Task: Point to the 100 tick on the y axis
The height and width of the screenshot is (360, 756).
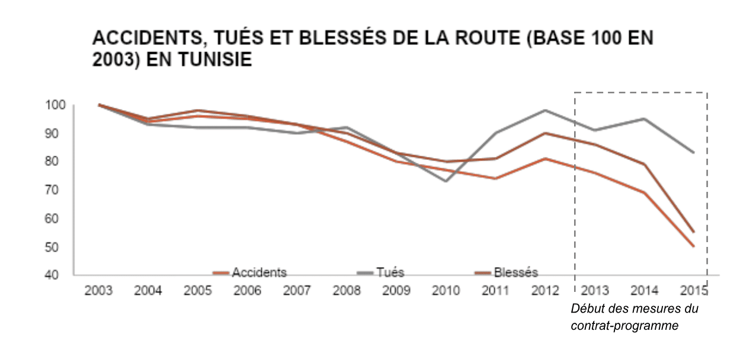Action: click(53, 105)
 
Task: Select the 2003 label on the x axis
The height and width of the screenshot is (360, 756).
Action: click(99, 290)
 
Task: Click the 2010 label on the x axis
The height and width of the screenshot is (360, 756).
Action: click(446, 290)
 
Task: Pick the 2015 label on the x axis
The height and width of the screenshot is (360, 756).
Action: click(694, 290)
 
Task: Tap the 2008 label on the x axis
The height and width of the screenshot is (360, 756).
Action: click(347, 290)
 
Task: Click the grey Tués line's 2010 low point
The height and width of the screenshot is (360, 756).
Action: click(446, 181)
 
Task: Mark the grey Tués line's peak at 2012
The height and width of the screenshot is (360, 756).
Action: click(545, 110)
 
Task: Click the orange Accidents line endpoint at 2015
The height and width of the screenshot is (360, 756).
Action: click(694, 246)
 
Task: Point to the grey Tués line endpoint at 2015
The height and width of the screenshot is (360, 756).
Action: click(694, 153)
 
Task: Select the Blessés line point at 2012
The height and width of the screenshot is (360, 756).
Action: click(545, 133)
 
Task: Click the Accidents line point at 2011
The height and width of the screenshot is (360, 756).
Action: click(495, 178)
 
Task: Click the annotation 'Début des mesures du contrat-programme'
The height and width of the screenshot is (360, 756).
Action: click(634, 317)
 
